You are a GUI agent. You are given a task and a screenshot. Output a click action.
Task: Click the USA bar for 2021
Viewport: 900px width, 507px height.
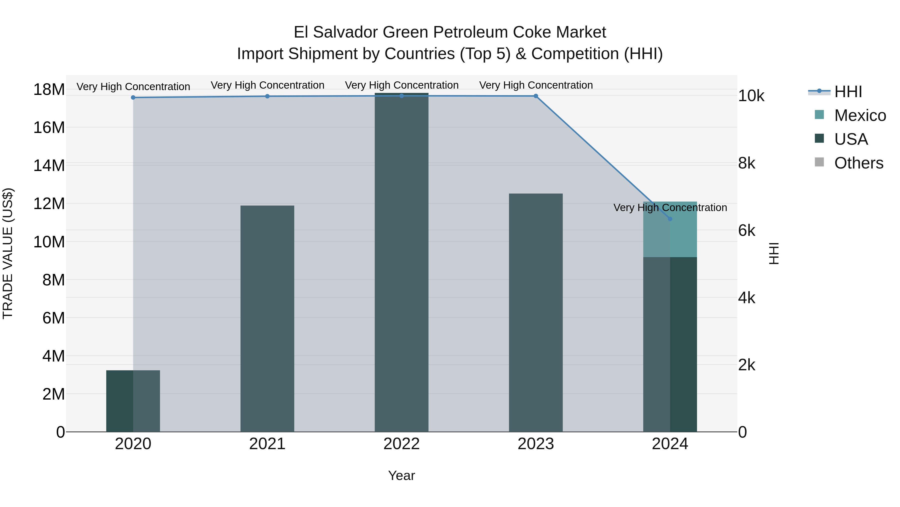coord(267,318)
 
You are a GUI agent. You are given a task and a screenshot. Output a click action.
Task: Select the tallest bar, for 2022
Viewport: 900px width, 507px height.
coord(401,262)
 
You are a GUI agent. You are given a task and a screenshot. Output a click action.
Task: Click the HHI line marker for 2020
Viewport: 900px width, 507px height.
coord(133,98)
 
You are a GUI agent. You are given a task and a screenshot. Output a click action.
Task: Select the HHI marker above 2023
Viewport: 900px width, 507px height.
coord(535,96)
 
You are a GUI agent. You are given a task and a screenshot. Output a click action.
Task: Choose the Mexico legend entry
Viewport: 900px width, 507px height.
coord(859,115)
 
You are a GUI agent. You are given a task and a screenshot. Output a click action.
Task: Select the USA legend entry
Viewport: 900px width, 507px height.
coord(850,139)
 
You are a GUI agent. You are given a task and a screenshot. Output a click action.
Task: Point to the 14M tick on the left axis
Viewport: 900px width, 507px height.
coord(49,165)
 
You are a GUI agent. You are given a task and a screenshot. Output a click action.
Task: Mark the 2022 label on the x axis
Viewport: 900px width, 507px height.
coord(401,444)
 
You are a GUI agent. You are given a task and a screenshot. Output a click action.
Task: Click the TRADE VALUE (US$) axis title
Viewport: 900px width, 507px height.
coord(8,253)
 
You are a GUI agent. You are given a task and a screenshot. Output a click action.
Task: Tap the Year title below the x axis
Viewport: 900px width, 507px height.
coord(401,475)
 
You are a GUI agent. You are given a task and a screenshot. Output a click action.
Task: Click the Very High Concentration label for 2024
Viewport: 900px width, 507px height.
coord(670,208)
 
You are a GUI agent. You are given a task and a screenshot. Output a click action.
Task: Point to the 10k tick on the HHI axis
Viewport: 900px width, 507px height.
coord(751,96)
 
